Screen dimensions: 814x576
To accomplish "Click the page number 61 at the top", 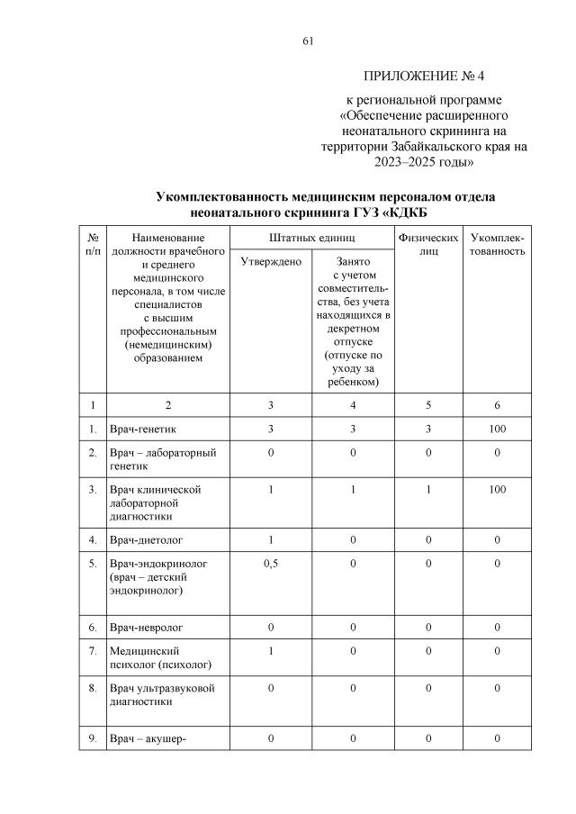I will tap(308, 41).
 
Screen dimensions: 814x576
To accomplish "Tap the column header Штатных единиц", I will tap(310, 236).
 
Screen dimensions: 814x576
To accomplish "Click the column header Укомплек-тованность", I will tap(498, 243).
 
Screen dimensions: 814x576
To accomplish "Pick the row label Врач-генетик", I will tap(141, 429).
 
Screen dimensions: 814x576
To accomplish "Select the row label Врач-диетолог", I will tap(145, 540).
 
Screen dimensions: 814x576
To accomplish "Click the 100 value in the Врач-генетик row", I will tap(498, 429).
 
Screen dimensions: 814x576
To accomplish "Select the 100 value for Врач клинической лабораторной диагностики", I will tap(498, 489).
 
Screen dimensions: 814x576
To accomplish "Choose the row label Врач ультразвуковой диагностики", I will tap(162, 695).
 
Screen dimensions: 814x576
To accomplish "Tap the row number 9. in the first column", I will tap(93, 739).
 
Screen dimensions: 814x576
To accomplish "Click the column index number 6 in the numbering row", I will tap(498, 404).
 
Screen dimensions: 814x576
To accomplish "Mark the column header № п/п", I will tap(93, 243).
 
